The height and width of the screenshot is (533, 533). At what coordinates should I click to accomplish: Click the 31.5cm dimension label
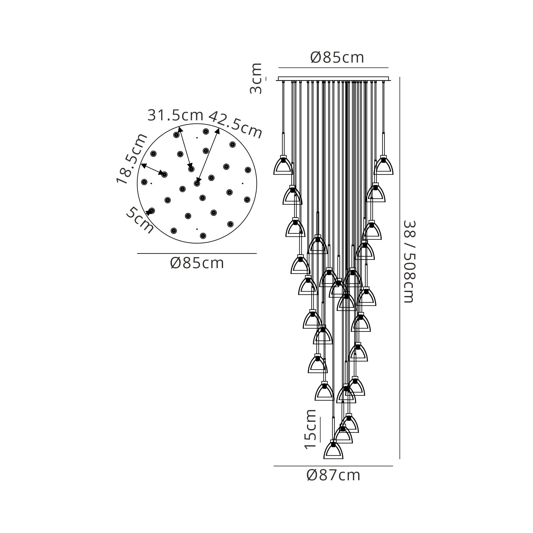175,115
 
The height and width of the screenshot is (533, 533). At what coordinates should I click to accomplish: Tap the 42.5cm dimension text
235,124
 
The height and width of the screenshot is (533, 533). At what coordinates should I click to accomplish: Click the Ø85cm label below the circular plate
197,263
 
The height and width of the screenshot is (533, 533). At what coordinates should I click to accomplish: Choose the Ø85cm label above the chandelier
337,58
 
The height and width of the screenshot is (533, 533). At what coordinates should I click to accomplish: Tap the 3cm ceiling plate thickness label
256,78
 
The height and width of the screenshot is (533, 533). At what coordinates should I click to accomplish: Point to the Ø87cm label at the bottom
333,475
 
